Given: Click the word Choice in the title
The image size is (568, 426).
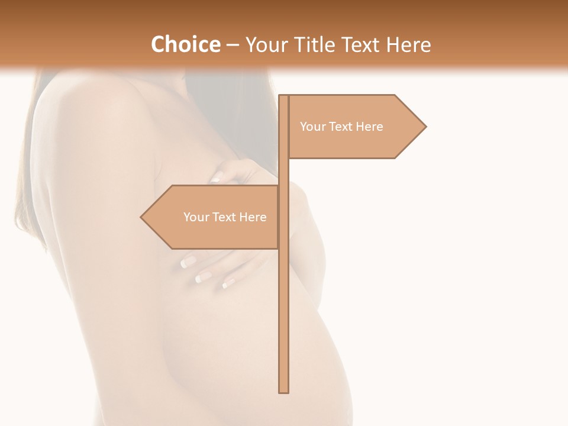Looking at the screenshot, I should pyautogui.click(x=185, y=44).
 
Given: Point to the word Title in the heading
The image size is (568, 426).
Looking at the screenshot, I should pyautogui.click(x=315, y=44).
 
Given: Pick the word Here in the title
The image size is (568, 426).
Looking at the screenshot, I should pyautogui.click(x=409, y=44).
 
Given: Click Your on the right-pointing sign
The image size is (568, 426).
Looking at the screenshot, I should pyautogui.click(x=312, y=127).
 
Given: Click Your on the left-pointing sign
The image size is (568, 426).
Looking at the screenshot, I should pyautogui.click(x=195, y=217).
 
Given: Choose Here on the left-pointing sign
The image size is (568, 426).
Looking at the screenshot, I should pyautogui.click(x=253, y=217).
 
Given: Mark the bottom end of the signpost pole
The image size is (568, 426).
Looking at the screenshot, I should pyautogui.click(x=284, y=390).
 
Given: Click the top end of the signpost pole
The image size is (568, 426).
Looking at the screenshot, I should pyautogui.click(x=284, y=96).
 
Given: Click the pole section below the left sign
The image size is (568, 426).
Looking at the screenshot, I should pyautogui.click(x=284, y=319).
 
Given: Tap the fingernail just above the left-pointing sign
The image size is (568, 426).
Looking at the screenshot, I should pyautogui.click(x=216, y=178).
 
